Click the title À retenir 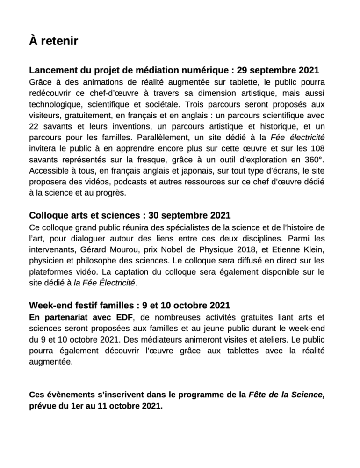click(53, 42)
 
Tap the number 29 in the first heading click(243, 71)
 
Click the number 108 click(318, 149)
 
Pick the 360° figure click(314, 160)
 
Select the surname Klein click(313, 249)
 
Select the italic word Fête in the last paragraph click(258, 395)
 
